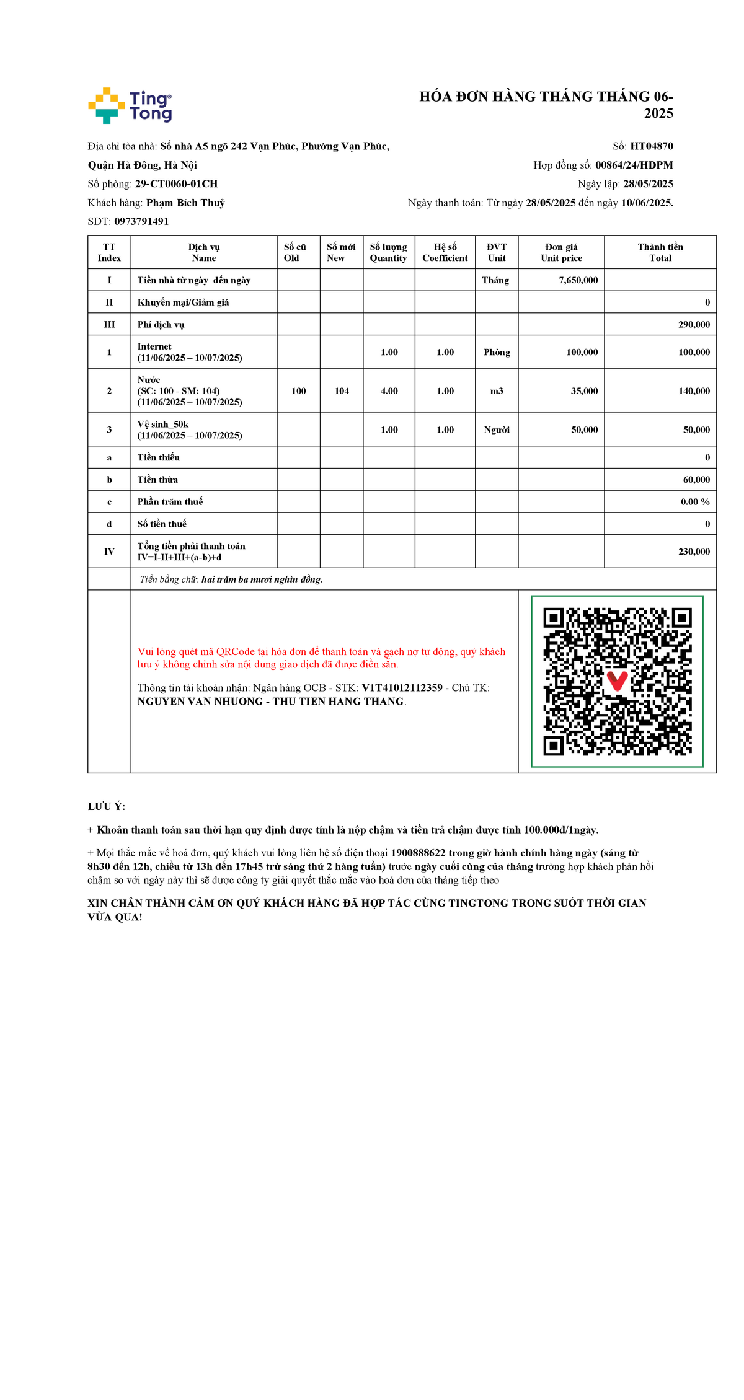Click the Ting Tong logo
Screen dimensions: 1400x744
click(130, 105)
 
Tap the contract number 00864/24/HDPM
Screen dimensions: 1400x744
click(634, 165)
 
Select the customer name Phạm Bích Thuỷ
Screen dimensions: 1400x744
click(185, 203)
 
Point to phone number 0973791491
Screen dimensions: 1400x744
click(141, 221)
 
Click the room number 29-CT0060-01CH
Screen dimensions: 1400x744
click(176, 184)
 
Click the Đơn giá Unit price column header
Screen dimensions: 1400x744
click(561, 252)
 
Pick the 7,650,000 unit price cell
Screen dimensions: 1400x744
click(578, 280)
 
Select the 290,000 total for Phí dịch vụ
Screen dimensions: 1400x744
click(694, 325)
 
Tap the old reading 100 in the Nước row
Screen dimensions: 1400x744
click(299, 391)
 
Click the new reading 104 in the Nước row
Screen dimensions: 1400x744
click(342, 391)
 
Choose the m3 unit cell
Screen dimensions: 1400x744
click(497, 391)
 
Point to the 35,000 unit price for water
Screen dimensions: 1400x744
click(584, 391)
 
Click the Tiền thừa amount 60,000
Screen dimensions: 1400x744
click(696, 480)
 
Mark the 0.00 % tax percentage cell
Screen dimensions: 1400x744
click(695, 502)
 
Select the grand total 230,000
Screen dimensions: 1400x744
click(694, 552)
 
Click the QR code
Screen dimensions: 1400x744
click(617, 682)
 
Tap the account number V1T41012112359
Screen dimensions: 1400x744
click(402, 688)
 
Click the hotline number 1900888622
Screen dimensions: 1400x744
click(418, 853)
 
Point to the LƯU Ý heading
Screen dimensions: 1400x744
click(107, 807)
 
